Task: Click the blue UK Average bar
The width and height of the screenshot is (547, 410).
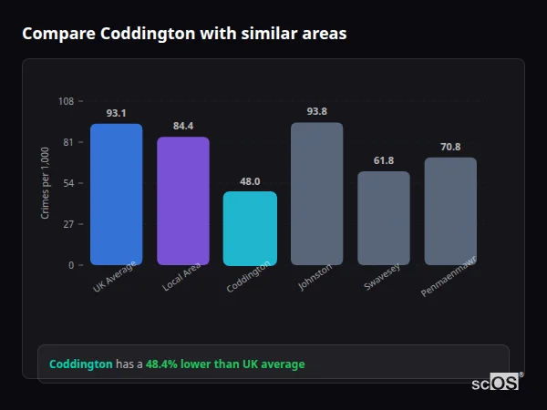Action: pos(116,194)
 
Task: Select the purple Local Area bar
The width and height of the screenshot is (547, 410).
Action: pos(183,200)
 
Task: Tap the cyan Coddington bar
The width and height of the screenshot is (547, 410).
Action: pos(250,228)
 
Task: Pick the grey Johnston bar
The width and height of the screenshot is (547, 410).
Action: pos(316,193)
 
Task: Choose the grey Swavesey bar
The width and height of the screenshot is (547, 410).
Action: pos(383,218)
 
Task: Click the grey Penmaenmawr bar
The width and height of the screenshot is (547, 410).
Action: pos(450,210)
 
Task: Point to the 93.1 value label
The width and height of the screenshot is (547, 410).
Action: pos(116,114)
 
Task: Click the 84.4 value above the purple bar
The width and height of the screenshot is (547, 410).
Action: pos(183,127)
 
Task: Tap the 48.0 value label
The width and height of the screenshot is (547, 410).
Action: pos(250,181)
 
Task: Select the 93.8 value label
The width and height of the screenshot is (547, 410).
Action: pos(316,112)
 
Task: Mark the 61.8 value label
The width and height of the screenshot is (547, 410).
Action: pos(383,161)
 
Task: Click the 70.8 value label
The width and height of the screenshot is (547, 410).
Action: pos(450,148)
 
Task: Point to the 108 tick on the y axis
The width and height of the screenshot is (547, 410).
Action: pos(66,101)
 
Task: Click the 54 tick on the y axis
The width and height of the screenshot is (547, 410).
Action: pos(68,183)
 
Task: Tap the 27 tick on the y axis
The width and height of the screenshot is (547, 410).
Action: pos(68,224)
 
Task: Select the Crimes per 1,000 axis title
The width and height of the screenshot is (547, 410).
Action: pos(46,182)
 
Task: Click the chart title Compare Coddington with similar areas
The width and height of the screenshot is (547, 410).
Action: pos(184,34)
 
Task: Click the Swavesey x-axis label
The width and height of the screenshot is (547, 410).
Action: pos(381,279)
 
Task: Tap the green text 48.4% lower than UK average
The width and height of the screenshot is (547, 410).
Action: pos(225,364)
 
